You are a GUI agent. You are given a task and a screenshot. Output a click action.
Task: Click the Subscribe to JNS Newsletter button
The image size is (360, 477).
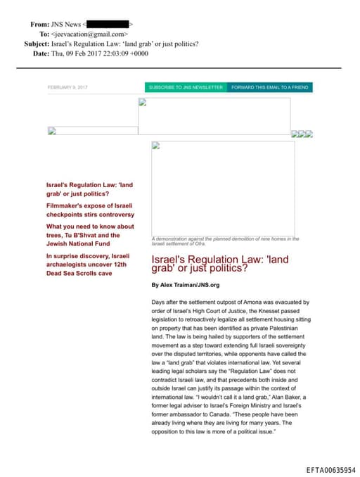[x=186, y=87]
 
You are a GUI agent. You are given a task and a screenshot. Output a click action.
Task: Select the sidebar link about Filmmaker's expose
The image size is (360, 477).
[x=89, y=209]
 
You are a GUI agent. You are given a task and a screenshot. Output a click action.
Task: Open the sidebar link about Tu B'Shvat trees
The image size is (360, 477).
[x=89, y=235]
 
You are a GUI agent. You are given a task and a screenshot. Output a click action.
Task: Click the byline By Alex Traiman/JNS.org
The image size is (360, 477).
[x=186, y=285]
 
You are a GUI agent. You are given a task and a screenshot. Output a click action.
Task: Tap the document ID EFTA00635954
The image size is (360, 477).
[x=331, y=469]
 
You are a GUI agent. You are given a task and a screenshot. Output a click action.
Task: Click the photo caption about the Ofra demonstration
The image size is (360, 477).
[x=225, y=241]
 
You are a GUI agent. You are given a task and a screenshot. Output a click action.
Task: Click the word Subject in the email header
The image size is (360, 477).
[x=36, y=44]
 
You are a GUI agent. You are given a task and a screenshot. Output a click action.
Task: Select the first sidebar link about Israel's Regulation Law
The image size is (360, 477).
[x=89, y=189]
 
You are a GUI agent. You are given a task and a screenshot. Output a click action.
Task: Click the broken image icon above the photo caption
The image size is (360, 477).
[x=156, y=146]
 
